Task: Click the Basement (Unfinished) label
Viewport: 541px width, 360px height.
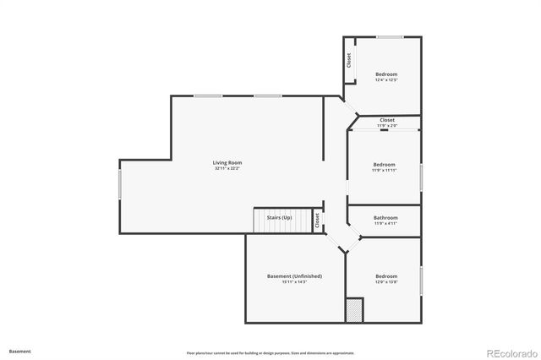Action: coord(294,276)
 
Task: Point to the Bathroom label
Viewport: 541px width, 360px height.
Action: coord(385,217)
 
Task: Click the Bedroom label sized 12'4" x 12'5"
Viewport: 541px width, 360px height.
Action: coord(385,74)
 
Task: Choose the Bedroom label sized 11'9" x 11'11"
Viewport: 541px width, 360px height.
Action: coord(385,164)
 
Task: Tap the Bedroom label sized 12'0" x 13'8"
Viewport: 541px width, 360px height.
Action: coord(386,276)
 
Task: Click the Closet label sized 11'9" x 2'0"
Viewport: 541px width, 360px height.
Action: coord(386,120)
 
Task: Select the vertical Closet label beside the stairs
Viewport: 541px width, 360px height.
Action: coord(318,221)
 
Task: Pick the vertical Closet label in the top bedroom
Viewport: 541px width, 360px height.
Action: coord(348,62)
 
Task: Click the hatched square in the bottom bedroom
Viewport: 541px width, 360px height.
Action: coord(353,310)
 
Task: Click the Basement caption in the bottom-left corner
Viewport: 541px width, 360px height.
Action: coord(20,351)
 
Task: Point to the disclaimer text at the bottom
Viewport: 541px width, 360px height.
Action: coord(270,352)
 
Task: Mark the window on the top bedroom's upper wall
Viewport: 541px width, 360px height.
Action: coord(389,37)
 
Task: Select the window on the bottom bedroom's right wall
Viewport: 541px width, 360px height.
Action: coord(421,280)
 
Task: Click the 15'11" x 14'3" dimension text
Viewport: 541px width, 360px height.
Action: coord(294,282)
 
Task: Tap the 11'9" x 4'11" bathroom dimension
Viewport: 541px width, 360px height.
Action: coord(385,224)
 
